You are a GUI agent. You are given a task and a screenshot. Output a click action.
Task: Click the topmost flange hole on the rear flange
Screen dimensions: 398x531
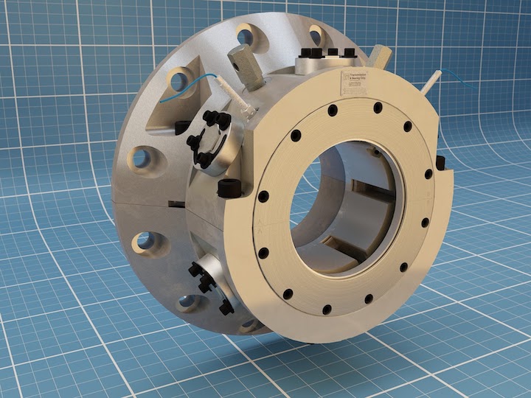[x=246, y=35]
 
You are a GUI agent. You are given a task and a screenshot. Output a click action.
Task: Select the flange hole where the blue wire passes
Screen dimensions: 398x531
[x=179, y=80]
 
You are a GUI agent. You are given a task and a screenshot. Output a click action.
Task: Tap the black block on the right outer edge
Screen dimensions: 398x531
[x=441, y=163]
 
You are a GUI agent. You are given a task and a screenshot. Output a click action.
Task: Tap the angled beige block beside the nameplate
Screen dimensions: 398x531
[x=381, y=56]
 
